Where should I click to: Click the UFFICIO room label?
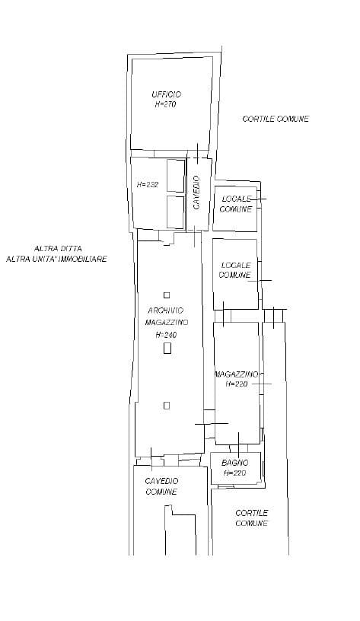pos(167,94)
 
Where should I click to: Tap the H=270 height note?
pos(165,104)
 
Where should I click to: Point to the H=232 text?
pos(148,185)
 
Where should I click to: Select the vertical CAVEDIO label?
pos(196,192)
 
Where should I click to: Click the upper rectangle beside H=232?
pos(176,176)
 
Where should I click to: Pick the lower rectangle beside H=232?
pos(176,212)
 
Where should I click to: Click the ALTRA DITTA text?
pos(58,249)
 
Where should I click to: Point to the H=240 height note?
pos(166,335)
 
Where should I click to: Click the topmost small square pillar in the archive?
pos(167,295)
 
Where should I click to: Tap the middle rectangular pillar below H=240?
pos(167,348)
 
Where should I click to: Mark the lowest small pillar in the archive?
pos(167,405)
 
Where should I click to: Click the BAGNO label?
pos(235,463)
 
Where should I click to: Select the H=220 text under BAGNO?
pos(235,473)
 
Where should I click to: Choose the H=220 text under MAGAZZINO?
pos(237,384)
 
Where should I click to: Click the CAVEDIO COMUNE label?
pos(161,487)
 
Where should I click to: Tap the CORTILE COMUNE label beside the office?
pos(276,119)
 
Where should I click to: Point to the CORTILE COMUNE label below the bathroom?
pos(252,518)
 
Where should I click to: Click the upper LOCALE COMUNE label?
pos(236,204)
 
